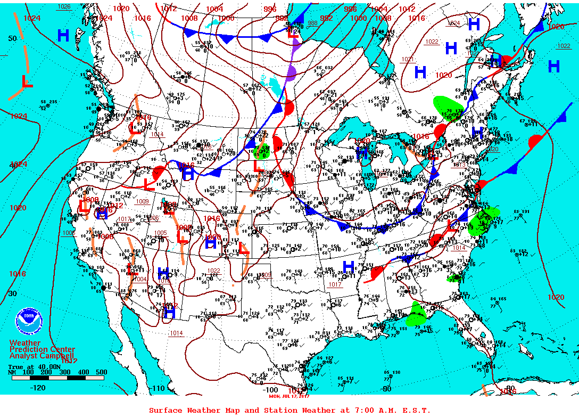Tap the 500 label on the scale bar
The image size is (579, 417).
pyautogui.click(x=101, y=372)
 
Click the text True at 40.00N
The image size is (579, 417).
pyautogui.click(x=32, y=366)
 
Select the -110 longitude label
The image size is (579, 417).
pyautogui.click(x=158, y=388)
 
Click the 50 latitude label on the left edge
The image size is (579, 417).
pyautogui.click(x=12, y=39)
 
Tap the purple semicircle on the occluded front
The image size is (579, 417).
pyautogui.click(x=291, y=72)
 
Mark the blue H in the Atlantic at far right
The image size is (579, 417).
pyautogui.click(x=553, y=67)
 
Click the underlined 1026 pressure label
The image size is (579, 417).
pyautogui.click(x=64, y=6)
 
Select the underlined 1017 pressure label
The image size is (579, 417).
pyautogui.click(x=335, y=284)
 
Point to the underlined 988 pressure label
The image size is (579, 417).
pyautogui.click(x=312, y=23)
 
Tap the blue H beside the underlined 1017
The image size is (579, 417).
pyautogui.click(x=349, y=267)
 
